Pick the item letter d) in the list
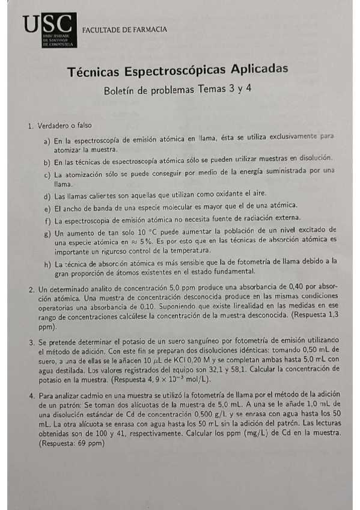coord(47,196)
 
